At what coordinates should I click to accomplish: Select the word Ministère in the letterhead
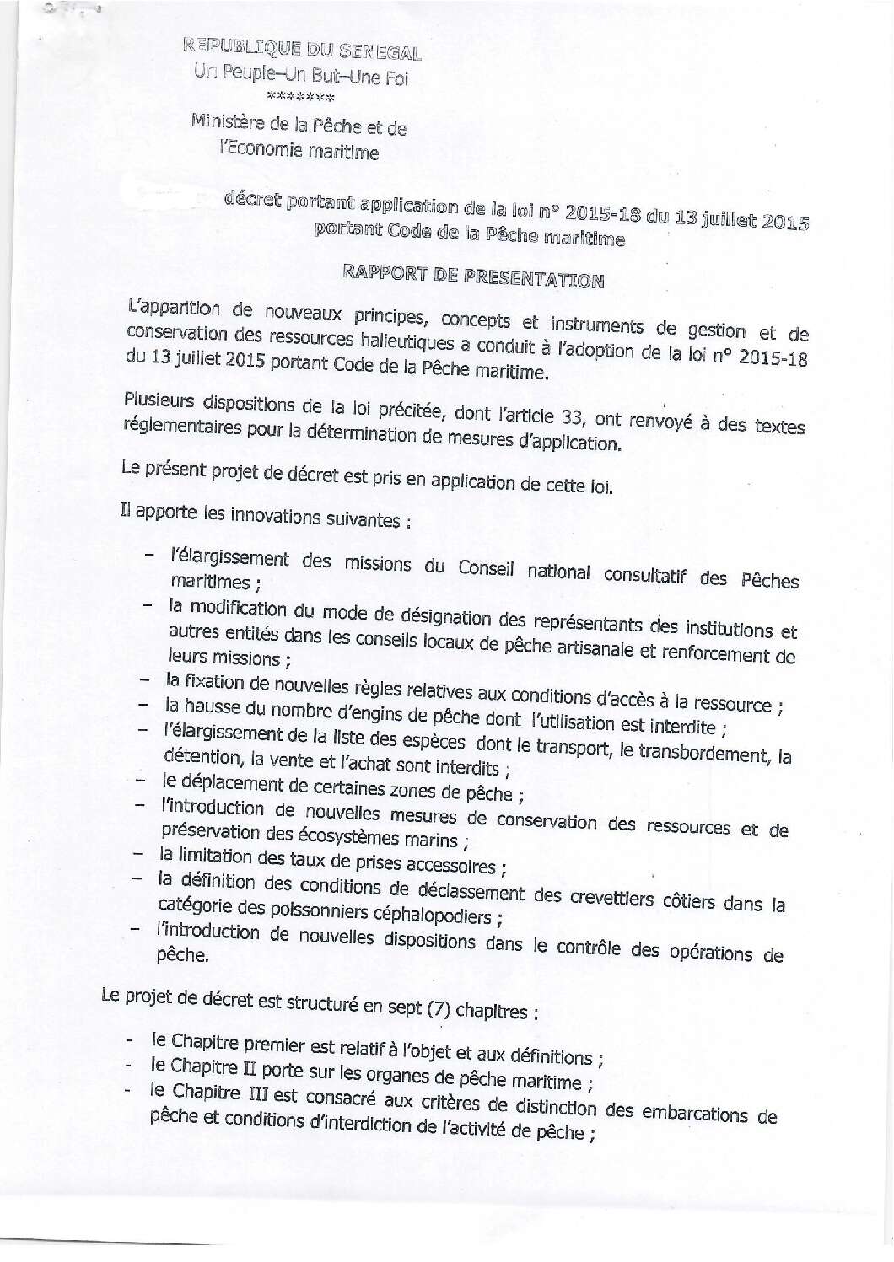pos(229,123)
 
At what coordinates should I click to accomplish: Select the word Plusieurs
pos(160,400)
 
